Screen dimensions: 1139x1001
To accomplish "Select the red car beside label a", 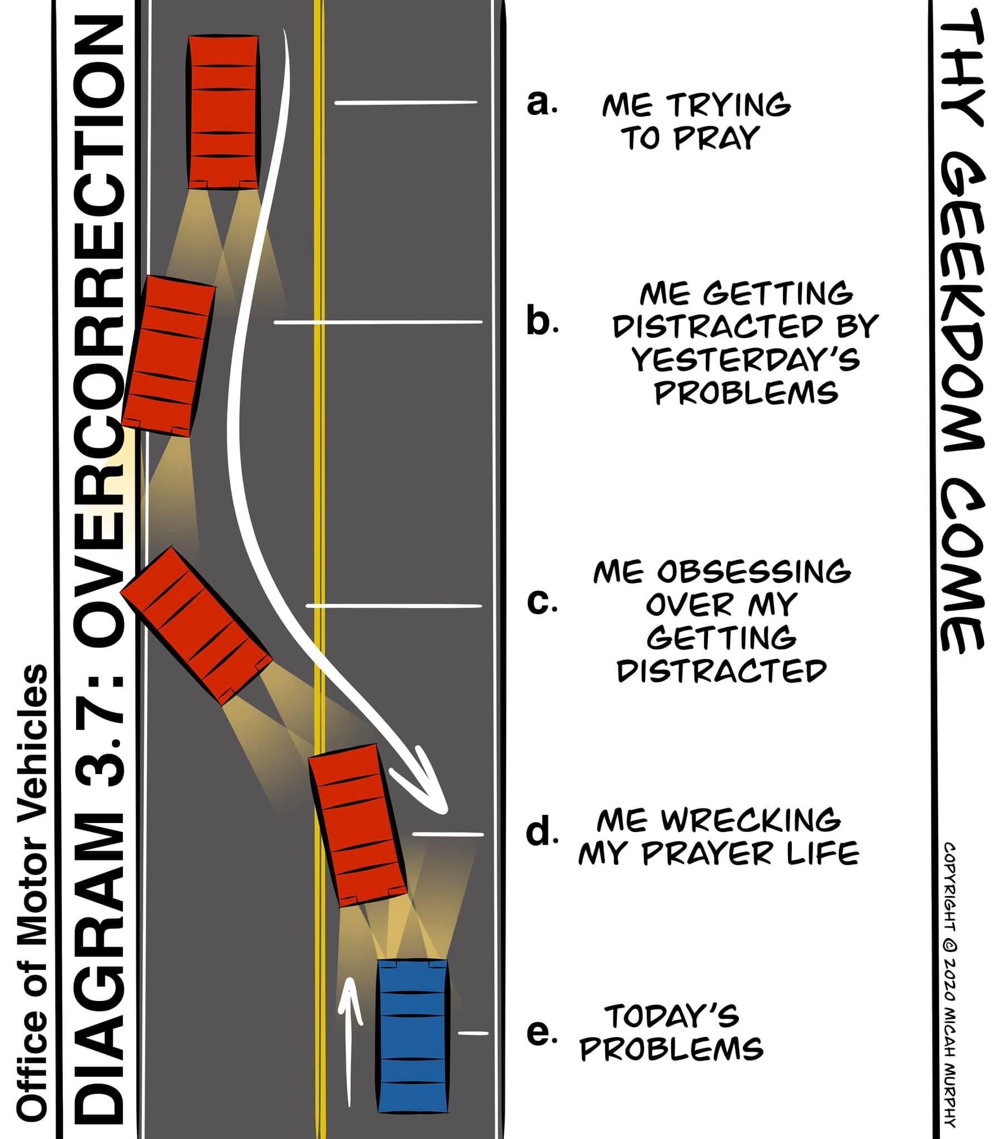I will [x=223, y=111].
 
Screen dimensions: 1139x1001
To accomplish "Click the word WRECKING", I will [x=751, y=819].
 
